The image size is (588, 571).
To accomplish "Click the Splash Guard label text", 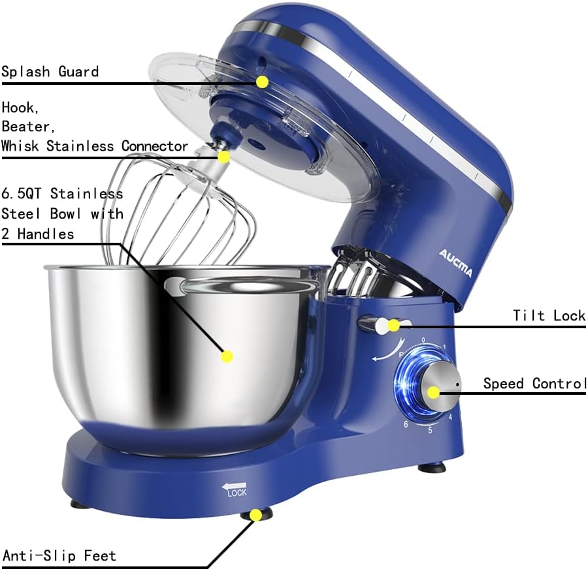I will [x=50, y=71].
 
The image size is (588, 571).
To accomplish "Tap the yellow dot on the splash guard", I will [x=262, y=82].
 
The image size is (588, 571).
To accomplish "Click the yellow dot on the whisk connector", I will [x=224, y=157].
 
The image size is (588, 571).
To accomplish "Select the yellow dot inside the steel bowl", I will [x=227, y=356].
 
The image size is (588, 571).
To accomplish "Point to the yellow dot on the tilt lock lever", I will [x=393, y=325].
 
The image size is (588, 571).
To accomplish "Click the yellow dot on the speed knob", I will [x=433, y=392].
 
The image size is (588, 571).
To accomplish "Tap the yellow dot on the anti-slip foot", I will [x=256, y=515].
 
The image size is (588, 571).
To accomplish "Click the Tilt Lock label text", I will [x=549, y=316].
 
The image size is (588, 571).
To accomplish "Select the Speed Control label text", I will [x=534, y=383].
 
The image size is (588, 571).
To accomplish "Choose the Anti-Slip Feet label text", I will [x=59, y=556].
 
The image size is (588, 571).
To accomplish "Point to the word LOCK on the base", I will [x=237, y=493].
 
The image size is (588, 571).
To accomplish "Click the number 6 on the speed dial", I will [x=406, y=425].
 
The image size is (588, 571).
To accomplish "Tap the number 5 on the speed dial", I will [x=429, y=430].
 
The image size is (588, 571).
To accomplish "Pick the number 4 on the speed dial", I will [x=451, y=416].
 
